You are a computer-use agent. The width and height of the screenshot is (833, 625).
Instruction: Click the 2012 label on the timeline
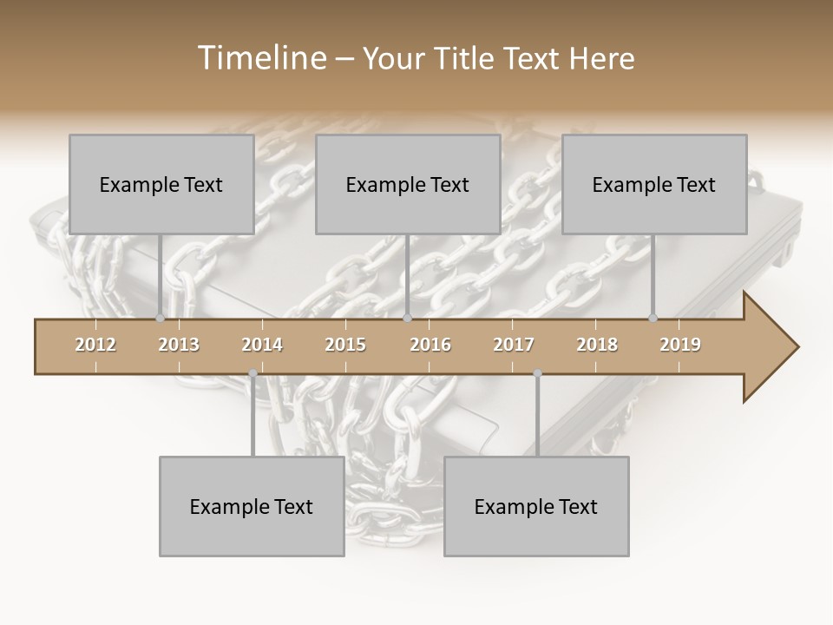95,345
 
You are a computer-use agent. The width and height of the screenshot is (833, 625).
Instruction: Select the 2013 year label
179,345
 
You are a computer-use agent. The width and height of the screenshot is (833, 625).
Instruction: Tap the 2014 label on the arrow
262,345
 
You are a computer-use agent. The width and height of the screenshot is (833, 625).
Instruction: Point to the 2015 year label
345,345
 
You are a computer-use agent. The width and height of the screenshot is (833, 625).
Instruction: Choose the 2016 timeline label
430,345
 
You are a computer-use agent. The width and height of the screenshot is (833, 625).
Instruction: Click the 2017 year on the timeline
514,345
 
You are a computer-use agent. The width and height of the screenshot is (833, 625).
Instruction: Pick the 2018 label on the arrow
597,345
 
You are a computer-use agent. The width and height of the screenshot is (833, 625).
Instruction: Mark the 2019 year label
680,345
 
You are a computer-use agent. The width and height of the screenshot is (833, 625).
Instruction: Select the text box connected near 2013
161,184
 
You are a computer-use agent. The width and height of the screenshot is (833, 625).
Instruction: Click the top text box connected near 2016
408,184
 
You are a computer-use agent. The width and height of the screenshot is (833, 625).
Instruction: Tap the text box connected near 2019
654,184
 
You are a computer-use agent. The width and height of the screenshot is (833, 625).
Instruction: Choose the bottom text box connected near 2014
252,506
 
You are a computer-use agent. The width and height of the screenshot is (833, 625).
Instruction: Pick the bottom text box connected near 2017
536,506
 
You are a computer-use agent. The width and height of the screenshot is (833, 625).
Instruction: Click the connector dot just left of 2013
160,319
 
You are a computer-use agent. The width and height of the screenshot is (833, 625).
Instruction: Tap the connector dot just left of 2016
407,319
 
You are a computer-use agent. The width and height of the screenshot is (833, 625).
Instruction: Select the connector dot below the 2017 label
537,374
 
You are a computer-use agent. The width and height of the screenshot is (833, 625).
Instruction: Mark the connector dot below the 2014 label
253,374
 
